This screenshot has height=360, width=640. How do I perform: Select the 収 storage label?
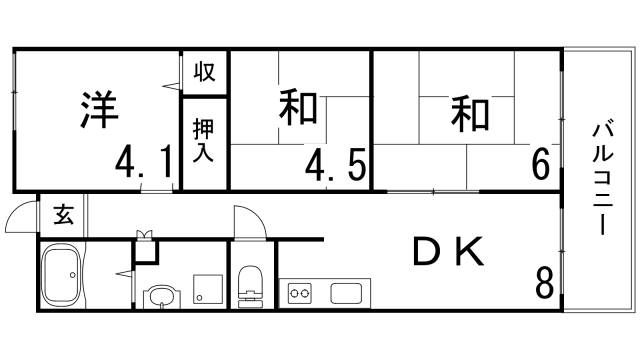[x=205, y=72]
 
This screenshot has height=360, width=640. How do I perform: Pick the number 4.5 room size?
[x=335, y=162]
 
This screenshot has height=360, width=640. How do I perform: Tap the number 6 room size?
[x=540, y=163]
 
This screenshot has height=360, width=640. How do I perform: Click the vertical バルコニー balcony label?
[x=602, y=178]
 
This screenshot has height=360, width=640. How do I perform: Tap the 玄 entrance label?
[x=63, y=214]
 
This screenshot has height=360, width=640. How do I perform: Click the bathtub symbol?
[x=66, y=276]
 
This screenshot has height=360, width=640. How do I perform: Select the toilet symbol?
[x=250, y=286]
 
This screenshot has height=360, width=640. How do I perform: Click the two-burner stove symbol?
[x=300, y=294]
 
